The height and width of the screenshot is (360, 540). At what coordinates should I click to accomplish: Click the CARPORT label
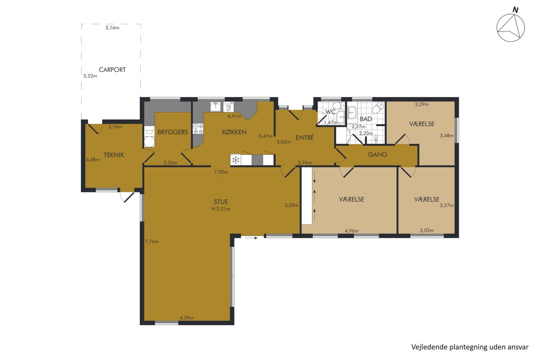point(112,70)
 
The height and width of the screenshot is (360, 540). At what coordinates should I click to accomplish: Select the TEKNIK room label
point(114,155)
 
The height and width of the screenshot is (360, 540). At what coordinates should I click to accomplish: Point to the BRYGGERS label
point(173,132)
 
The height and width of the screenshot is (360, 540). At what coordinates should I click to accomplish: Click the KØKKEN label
point(234,132)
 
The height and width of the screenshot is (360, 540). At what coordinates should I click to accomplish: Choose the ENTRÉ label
point(305,137)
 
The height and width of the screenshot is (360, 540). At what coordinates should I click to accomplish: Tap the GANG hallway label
point(378,154)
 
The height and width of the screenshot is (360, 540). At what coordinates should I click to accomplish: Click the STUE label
point(221,202)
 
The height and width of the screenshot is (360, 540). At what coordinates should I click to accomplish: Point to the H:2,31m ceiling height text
point(221,209)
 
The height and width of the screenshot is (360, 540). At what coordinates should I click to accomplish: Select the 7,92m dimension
point(221,172)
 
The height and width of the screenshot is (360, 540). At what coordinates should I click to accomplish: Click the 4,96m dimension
point(351,231)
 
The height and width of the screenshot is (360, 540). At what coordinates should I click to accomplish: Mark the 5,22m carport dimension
point(90,76)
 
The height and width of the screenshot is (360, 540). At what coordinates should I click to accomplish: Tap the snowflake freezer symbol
point(235,160)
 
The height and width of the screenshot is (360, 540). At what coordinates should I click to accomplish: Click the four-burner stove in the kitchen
point(198,129)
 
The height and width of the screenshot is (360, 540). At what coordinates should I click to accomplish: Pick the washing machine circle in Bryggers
point(149,142)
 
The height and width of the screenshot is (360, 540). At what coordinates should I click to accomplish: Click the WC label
point(330,112)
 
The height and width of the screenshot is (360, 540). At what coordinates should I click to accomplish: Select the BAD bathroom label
point(366,119)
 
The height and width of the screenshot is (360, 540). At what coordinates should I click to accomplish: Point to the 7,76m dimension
point(152,241)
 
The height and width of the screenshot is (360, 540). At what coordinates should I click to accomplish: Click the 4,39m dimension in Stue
point(187,318)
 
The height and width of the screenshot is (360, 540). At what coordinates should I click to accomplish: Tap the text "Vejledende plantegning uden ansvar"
point(470,347)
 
